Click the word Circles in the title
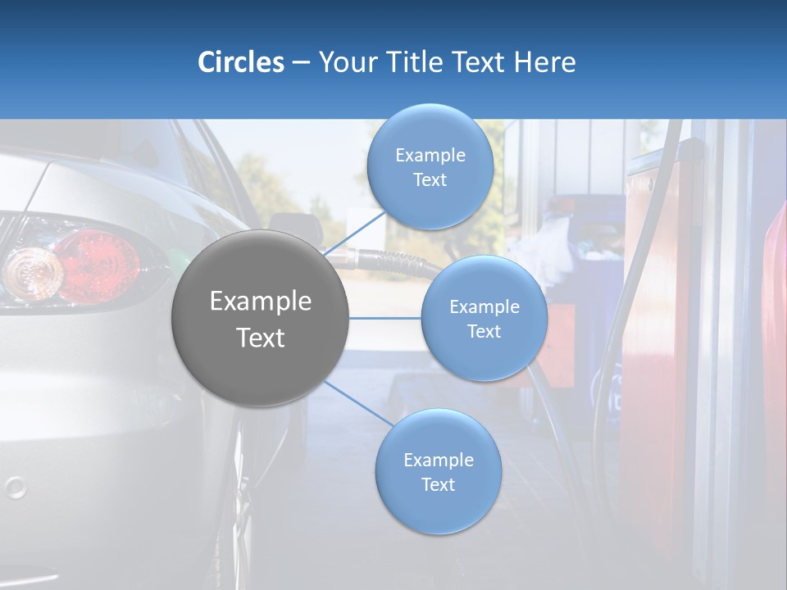point(240,62)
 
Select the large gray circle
point(260,318)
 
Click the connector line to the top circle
point(355,232)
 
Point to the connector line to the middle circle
point(385,318)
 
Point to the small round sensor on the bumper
point(15,488)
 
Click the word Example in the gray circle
point(260,302)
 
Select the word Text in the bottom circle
point(438,484)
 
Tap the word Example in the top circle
point(430,155)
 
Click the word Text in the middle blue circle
point(484,331)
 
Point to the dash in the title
point(301,62)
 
